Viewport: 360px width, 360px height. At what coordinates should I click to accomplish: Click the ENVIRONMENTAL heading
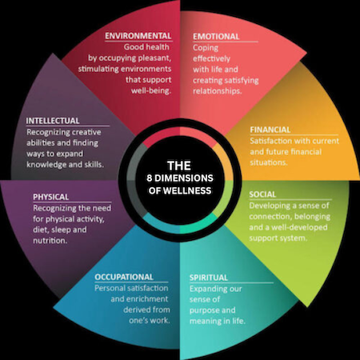(x=138, y=36)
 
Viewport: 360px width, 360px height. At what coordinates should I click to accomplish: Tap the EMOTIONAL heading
(x=216, y=37)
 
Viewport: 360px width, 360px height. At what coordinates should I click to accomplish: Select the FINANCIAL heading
(x=270, y=130)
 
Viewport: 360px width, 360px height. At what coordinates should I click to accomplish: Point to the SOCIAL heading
(x=262, y=194)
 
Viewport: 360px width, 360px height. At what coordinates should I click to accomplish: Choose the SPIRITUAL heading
(x=209, y=278)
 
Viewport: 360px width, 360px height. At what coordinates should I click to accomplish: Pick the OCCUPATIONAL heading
(x=124, y=277)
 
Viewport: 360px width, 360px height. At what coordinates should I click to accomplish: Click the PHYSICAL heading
(x=51, y=197)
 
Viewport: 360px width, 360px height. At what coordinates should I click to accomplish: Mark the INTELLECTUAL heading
(x=53, y=121)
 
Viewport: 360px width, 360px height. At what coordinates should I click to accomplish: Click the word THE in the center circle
(x=179, y=166)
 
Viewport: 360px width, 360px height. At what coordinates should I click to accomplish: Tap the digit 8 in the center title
(x=150, y=178)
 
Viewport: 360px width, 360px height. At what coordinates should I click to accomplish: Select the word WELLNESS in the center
(x=187, y=190)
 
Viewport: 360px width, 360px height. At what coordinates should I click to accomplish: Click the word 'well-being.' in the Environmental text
(x=151, y=90)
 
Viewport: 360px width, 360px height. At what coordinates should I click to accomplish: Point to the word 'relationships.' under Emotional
(x=218, y=91)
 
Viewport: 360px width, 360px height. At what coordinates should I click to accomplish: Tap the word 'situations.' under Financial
(x=269, y=162)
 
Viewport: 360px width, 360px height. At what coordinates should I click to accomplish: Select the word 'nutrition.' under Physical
(x=50, y=241)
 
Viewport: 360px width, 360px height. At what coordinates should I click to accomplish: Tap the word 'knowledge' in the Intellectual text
(x=46, y=165)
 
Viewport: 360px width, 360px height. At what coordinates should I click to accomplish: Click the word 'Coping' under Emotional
(x=206, y=48)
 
